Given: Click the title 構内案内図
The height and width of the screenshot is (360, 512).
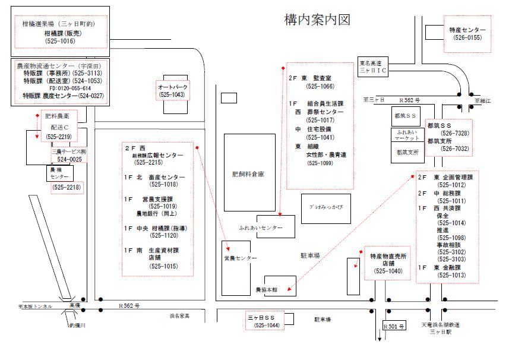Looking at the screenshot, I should (x=318, y=20).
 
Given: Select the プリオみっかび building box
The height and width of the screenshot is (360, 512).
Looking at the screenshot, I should (x=326, y=206).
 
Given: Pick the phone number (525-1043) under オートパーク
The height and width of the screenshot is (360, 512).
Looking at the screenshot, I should (x=171, y=94).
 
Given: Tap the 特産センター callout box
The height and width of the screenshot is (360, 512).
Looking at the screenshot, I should (x=467, y=33).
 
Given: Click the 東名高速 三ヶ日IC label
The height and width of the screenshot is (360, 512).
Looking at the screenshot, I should (x=373, y=66).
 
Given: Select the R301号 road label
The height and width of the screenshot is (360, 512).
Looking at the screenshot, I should (x=393, y=327).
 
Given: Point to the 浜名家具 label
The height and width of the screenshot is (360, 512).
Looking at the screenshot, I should (x=179, y=315).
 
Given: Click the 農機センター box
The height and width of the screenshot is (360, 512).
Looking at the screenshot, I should (x=59, y=173).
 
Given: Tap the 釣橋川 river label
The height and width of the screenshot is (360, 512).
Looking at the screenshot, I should (x=78, y=326).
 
